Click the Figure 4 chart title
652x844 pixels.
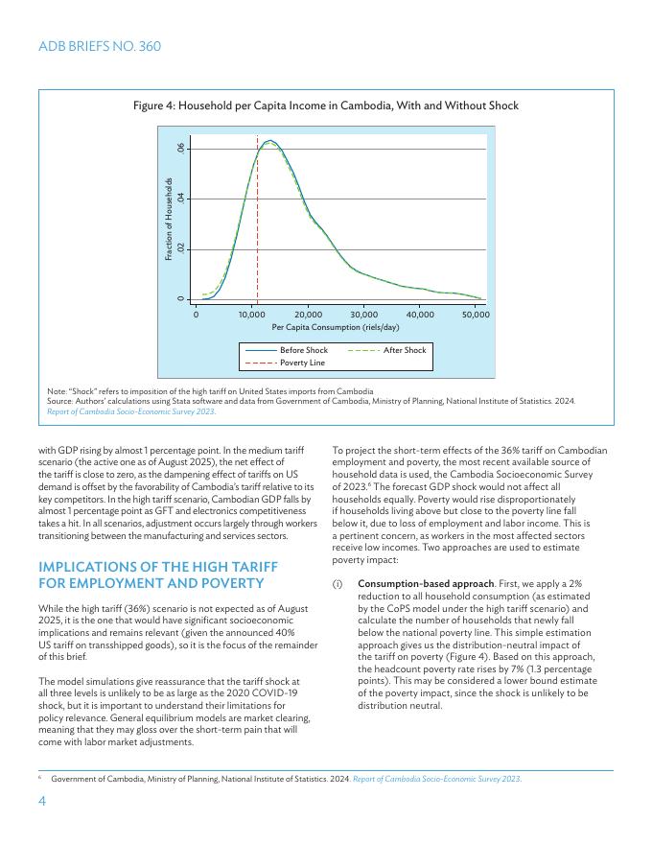[x=326, y=105]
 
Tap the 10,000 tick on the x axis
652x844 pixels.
[x=251, y=315]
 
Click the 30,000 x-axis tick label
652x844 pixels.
[x=363, y=315]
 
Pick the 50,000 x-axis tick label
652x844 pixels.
[x=476, y=315]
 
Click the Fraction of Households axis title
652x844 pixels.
[x=168, y=220]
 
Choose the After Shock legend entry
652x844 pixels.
[x=404, y=351]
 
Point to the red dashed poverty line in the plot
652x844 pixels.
[x=257, y=230]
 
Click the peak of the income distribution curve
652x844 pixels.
[x=270, y=141]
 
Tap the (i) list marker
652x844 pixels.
[x=338, y=583]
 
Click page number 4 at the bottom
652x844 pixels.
[x=42, y=803]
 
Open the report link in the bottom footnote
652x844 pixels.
[x=437, y=780]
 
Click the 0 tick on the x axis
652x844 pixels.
[x=196, y=315]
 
